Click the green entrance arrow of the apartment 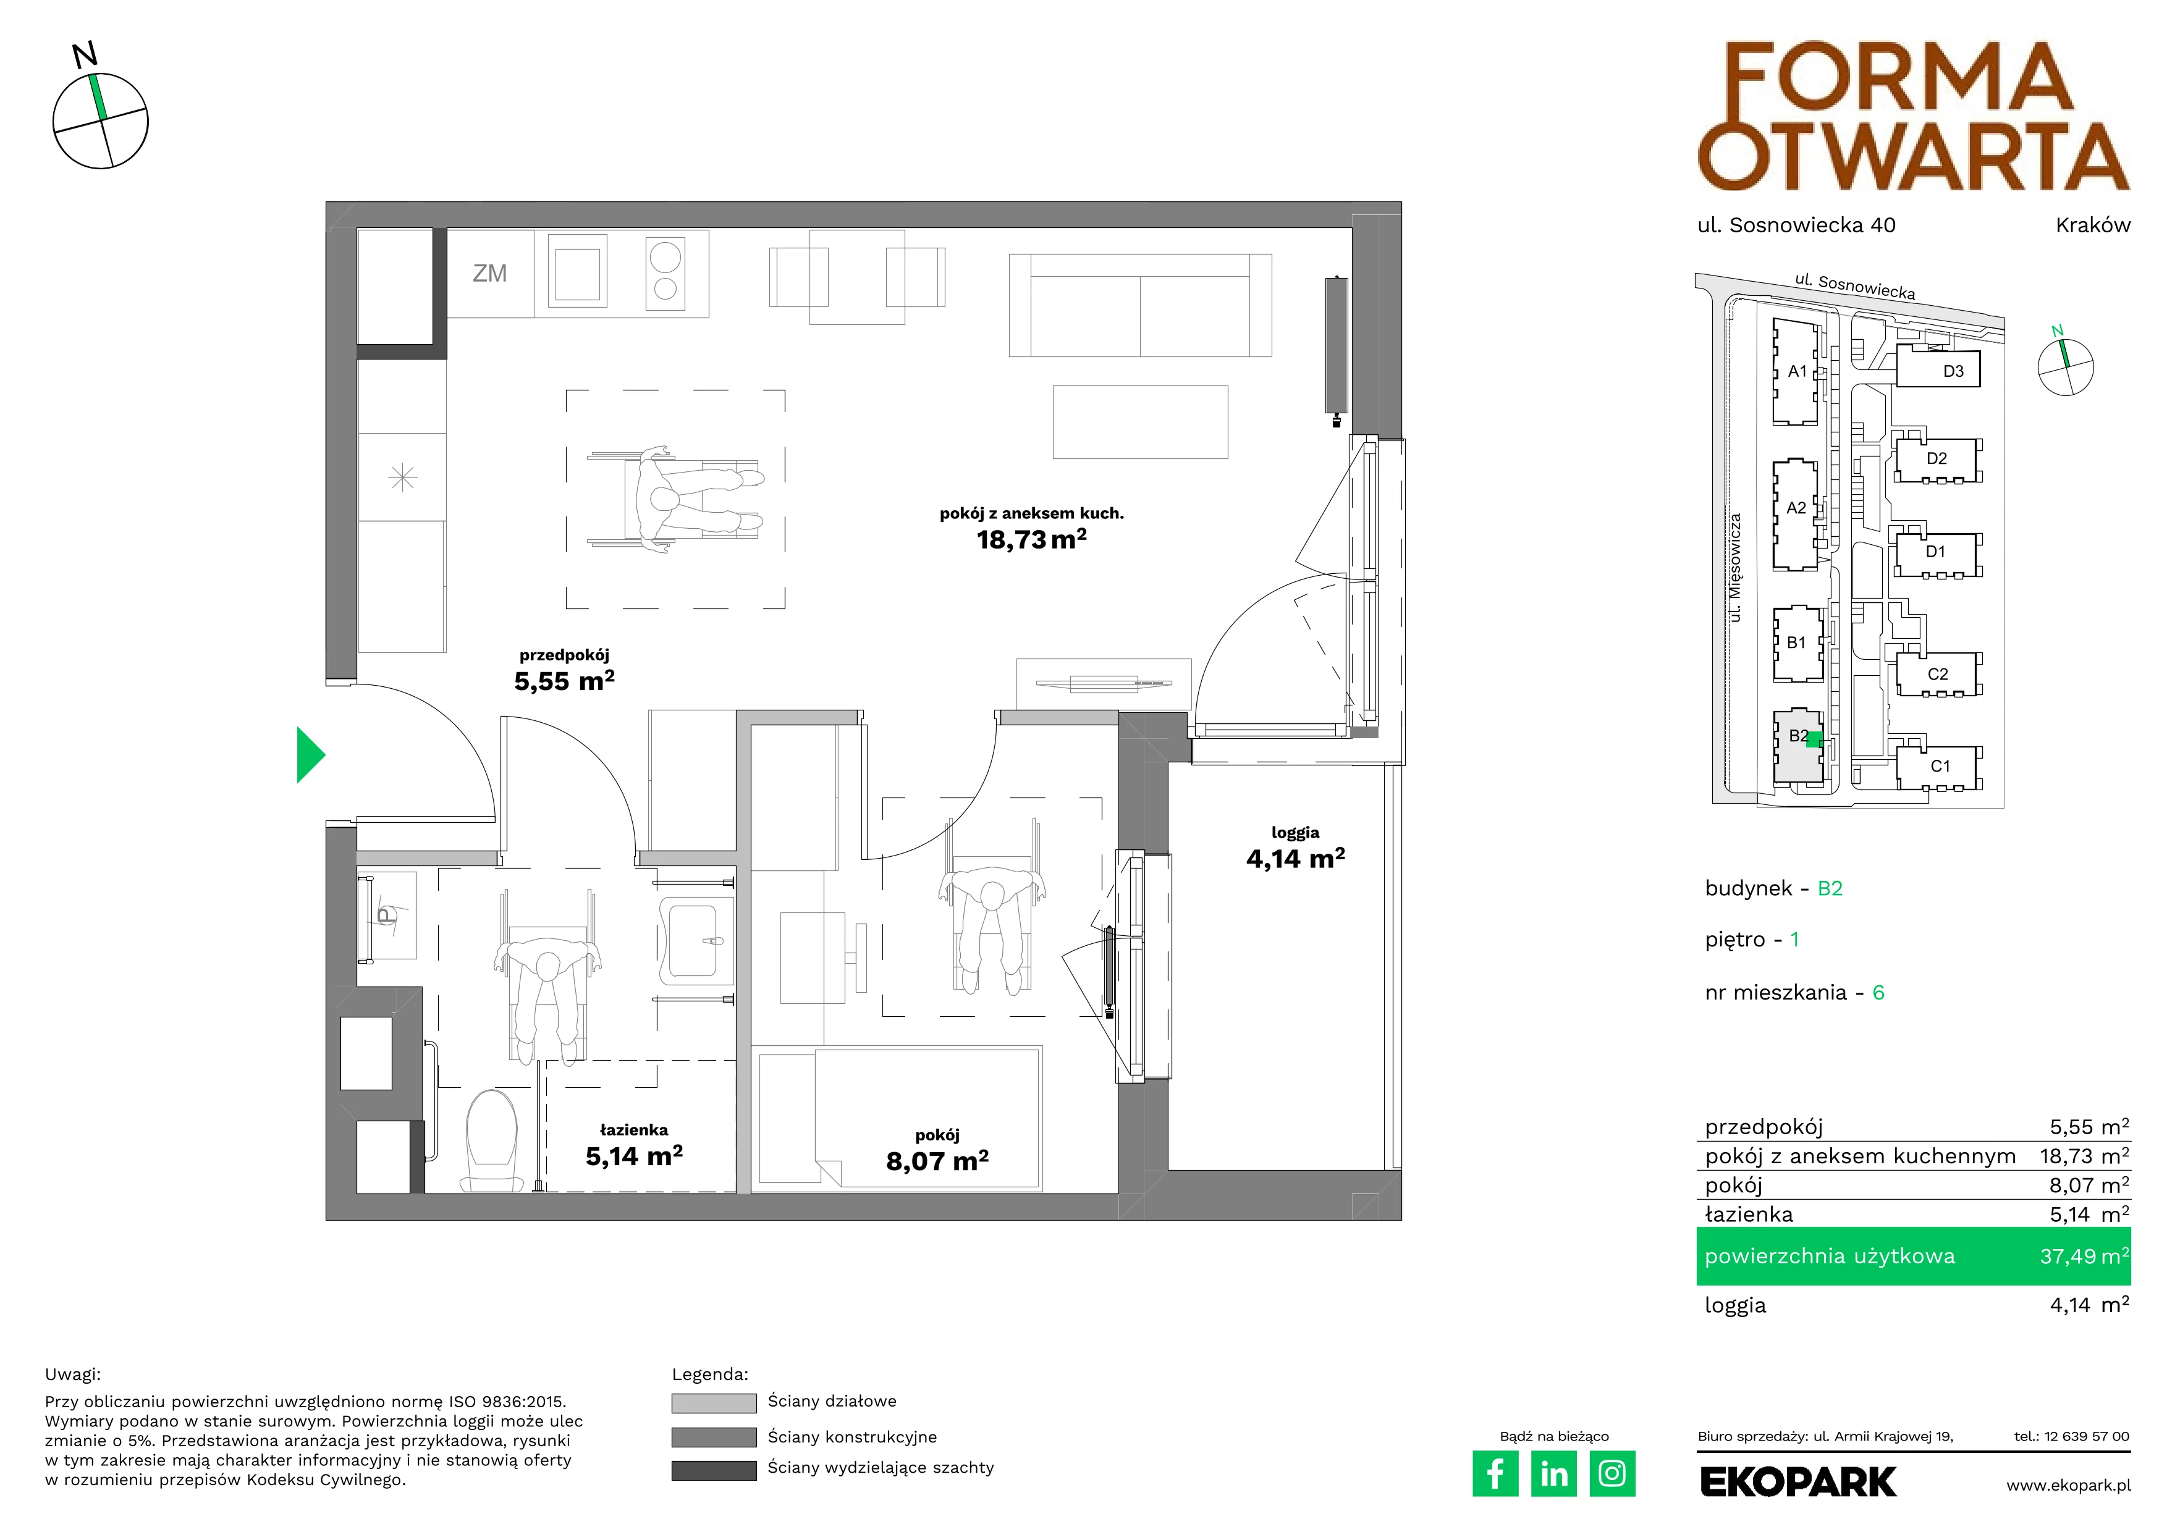click(310, 755)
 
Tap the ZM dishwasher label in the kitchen click(490, 274)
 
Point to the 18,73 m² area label click(1031, 539)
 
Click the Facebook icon click(1495, 1473)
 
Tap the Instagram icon click(1612, 1473)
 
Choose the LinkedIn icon click(1553, 1473)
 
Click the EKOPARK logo click(1798, 1482)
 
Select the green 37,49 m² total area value click(2084, 1256)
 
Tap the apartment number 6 click(1878, 993)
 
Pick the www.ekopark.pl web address click(2068, 1486)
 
